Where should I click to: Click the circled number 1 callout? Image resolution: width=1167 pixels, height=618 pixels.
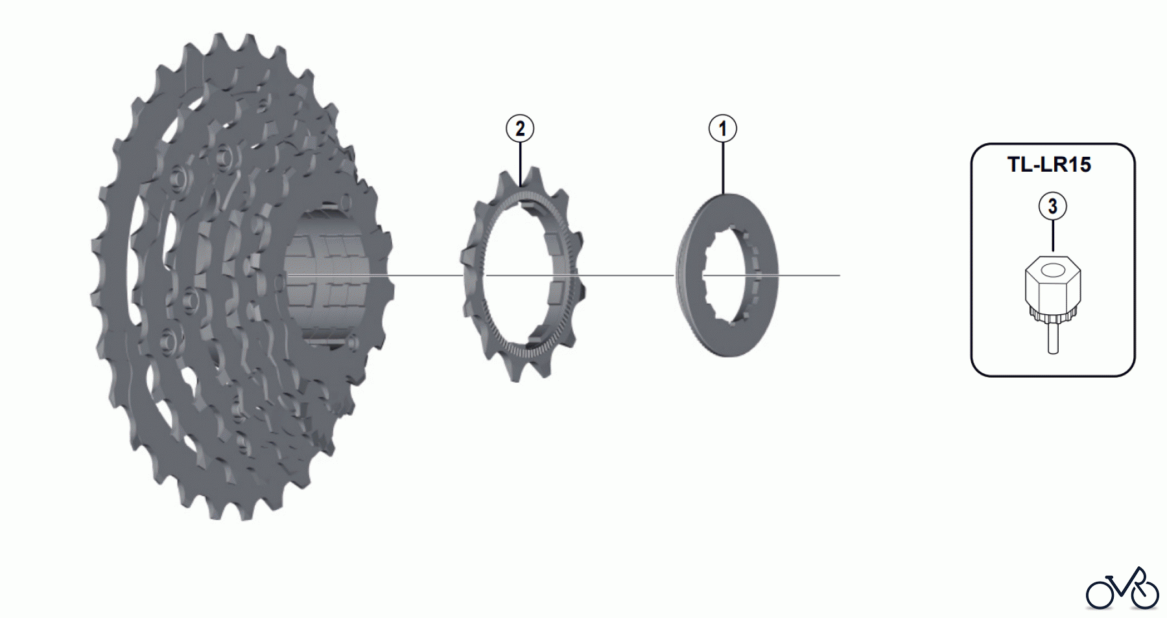coord(723,129)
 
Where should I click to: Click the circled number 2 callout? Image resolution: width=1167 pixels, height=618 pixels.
coord(520,129)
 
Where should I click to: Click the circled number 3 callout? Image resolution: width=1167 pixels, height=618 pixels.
coord(1052,206)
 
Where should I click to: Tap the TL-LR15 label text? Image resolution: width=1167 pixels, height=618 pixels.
coord(1049,165)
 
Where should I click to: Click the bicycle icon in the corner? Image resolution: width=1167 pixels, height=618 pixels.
coord(1122,589)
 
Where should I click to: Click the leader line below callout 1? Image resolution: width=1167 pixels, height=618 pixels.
coord(723,168)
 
